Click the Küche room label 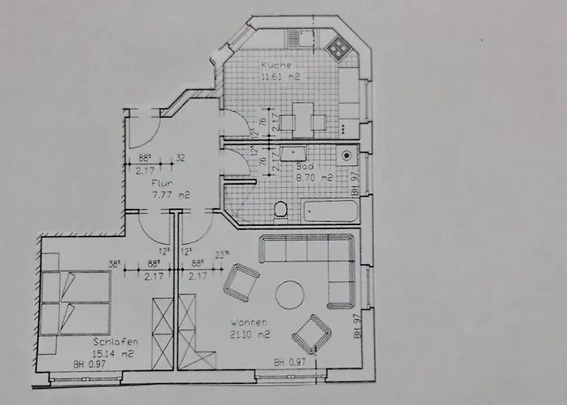(x=275, y=64)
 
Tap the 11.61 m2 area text (x=279, y=77)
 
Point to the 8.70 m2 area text (x=316, y=177)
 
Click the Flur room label (x=160, y=183)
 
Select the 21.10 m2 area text (x=250, y=334)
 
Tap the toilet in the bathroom (x=281, y=210)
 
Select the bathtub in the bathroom (x=330, y=211)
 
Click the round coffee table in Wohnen (x=290, y=294)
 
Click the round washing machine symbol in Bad (x=346, y=152)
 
